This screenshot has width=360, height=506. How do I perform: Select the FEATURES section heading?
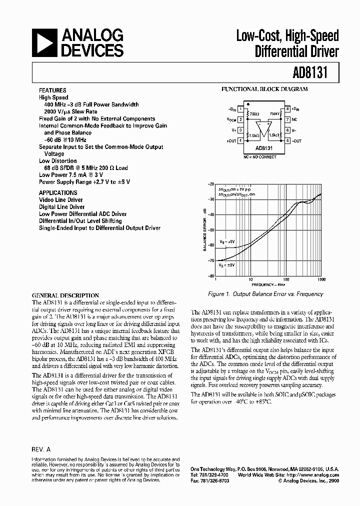tap(53, 90)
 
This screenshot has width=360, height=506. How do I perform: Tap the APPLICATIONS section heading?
tap(58, 192)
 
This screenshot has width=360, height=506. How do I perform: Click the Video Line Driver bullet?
tap(61, 200)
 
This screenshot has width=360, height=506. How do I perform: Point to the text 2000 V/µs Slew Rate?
tap(70, 111)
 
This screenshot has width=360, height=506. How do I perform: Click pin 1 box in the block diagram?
tap(240, 108)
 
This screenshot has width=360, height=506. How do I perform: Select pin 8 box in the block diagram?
tap(288, 108)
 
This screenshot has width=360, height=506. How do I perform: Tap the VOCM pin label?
tap(231, 119)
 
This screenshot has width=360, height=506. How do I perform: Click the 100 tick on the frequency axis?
tap(285, 279)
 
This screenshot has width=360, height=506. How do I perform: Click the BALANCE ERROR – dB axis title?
tap(204, 230)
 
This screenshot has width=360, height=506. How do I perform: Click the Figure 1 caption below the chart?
tap(265, 294)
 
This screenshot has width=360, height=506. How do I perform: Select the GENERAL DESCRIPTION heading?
tap(65, 295)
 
